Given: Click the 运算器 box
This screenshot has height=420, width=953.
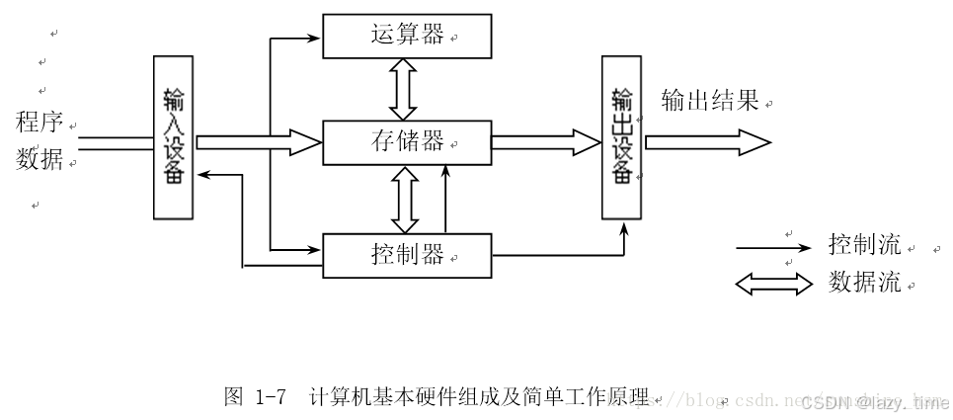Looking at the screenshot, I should click(x=407, y=37).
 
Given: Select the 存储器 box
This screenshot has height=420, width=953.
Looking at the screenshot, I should click(x=407, y=141).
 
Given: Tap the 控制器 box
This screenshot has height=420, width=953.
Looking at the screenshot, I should click(x=407, y=256).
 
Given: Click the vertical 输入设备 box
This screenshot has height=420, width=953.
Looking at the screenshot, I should click(x=174, y=136).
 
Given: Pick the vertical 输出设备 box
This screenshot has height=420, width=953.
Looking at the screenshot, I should click(x=622, y=136).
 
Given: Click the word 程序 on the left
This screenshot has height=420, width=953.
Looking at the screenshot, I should click(x=40, y=124).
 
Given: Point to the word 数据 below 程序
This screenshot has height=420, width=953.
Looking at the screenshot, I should click(x=40, y=158).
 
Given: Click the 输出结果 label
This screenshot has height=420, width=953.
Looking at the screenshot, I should click(x=710, y=101).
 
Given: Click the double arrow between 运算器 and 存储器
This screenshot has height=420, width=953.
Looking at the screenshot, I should click(x=402, y=89).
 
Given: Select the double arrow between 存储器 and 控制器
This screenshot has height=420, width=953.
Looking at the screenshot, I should click(x=402, y=199).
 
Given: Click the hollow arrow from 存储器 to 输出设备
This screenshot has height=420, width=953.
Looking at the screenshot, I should click(x=545, y=141).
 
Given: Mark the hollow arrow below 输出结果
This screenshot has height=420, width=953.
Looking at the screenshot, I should click(x=707, y=141).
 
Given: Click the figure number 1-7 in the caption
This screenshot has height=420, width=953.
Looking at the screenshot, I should click(x=270, y=397).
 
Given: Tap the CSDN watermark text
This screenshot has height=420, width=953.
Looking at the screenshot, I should click(x=873, y=402).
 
